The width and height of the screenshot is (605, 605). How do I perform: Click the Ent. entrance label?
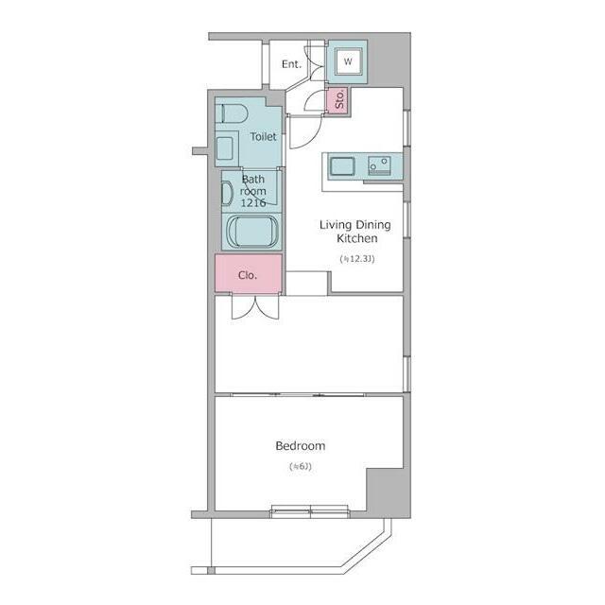pos(291,64)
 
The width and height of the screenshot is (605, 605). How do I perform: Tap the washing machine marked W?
pos(349,61)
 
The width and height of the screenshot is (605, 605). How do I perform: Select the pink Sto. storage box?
pos(337,100)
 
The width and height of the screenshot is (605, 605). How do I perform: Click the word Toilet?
pos(263,136)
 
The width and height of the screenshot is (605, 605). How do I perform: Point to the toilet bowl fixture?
pos(232,113)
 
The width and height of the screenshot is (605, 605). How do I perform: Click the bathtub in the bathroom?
pos(252,232)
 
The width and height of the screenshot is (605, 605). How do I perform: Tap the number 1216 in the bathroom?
pos(253,202)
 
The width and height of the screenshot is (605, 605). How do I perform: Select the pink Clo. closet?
pos(248,273)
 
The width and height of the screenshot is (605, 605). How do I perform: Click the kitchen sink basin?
pos(342,166)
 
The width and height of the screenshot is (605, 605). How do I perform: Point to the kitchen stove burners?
pos(379,165)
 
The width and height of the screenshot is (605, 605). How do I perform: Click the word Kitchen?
pos(357,238)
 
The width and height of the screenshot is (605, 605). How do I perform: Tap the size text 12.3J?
pos(357,259)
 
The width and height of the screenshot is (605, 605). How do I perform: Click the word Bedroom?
pos(301,446)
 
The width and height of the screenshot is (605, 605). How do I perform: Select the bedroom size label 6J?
pos(301,466)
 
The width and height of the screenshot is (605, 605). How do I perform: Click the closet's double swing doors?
pos(255,307)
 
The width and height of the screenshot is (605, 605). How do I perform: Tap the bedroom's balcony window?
pos(310,511)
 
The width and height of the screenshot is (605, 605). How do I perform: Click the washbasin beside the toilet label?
pos(225,148)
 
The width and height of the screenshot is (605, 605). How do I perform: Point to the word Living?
pos(336,225)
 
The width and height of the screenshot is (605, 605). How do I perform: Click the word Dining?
pos(373,225)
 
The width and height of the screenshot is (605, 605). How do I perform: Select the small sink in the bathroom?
pos(227,194)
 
